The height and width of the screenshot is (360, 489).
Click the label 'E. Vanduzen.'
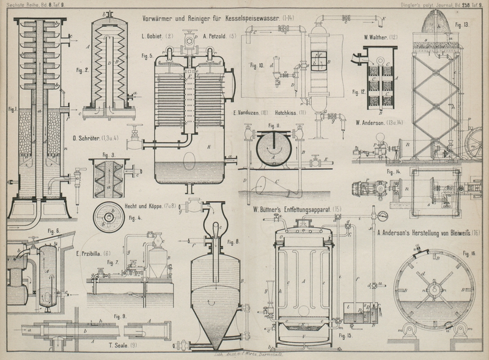pyautogui.click(x=248, y=114)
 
